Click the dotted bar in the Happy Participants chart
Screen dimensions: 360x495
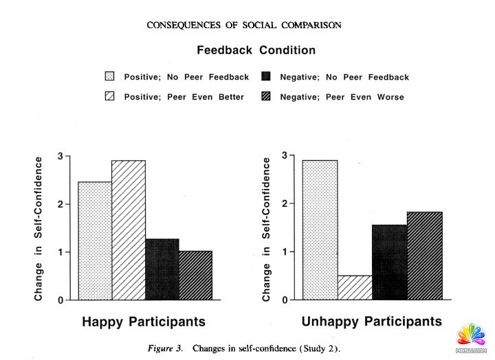click(x=95, y=240)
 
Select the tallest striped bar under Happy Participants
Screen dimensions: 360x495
click(x=129, y=230)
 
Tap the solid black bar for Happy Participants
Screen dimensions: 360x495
click(x=162, y=269)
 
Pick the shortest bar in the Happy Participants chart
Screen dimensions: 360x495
click(x=196, y=275)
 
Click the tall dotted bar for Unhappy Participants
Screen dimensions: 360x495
click(x=320, y=230)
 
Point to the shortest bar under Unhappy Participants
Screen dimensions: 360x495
click(x=355, y=288)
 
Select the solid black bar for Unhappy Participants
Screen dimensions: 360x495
click(x=389, y=262)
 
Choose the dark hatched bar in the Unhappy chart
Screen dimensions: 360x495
click(x=424, y=256)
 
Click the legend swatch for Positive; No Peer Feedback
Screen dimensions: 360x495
click(x=109, y=77)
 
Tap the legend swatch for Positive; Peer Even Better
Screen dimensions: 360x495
click(x=109, y=97)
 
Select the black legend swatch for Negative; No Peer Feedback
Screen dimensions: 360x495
click(x=267, y=77)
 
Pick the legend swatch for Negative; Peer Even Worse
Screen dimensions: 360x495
click(x=267, y=97)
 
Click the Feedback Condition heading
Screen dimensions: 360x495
click(x=256, y=50)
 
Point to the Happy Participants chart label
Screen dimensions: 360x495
click(x=144, y=322)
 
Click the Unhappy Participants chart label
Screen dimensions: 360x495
click(x=372, y=322)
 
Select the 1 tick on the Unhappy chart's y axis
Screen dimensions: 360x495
click(x=284, y=252)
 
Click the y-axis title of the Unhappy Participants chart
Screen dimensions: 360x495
click(x=267, y=229)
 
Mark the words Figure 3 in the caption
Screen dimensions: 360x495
click(x=165, y=348)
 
